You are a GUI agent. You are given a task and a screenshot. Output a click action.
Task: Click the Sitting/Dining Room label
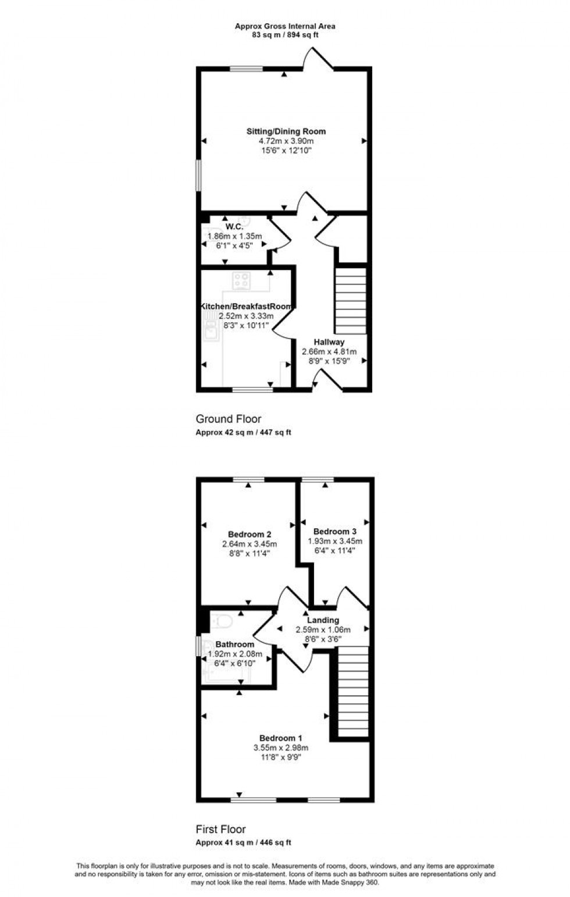[x=286, y=131]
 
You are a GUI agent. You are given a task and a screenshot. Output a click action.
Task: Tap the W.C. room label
[x=234, y=226]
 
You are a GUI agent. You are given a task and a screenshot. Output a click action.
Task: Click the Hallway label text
[x=329, y=342]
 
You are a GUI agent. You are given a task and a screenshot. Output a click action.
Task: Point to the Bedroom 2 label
[x=249, y=534]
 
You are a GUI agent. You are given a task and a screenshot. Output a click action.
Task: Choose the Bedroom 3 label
[x=334, y=531]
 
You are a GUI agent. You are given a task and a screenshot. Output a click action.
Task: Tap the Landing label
[x=323, y=620]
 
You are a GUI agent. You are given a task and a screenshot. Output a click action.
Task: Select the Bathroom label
[x=235, y=645]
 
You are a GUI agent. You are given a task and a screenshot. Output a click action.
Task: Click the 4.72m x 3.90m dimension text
[x=286, y=141]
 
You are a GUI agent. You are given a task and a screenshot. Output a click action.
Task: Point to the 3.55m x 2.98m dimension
[x=280, y=748]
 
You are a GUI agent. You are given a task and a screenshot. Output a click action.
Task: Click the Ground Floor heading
[x=229, y=419]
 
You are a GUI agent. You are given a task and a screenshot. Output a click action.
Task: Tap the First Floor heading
[x=220, y=830]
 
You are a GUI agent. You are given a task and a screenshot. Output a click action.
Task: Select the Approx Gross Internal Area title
[x=285, y=26]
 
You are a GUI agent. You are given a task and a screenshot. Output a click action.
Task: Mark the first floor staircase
[x=353, y=693]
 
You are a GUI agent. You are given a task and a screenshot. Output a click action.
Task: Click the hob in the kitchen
[x=241, y=280]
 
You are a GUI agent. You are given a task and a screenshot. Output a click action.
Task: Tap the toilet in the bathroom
[x=222, y=621]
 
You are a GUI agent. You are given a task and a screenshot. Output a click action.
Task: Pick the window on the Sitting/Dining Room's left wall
[x=198, y=175]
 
